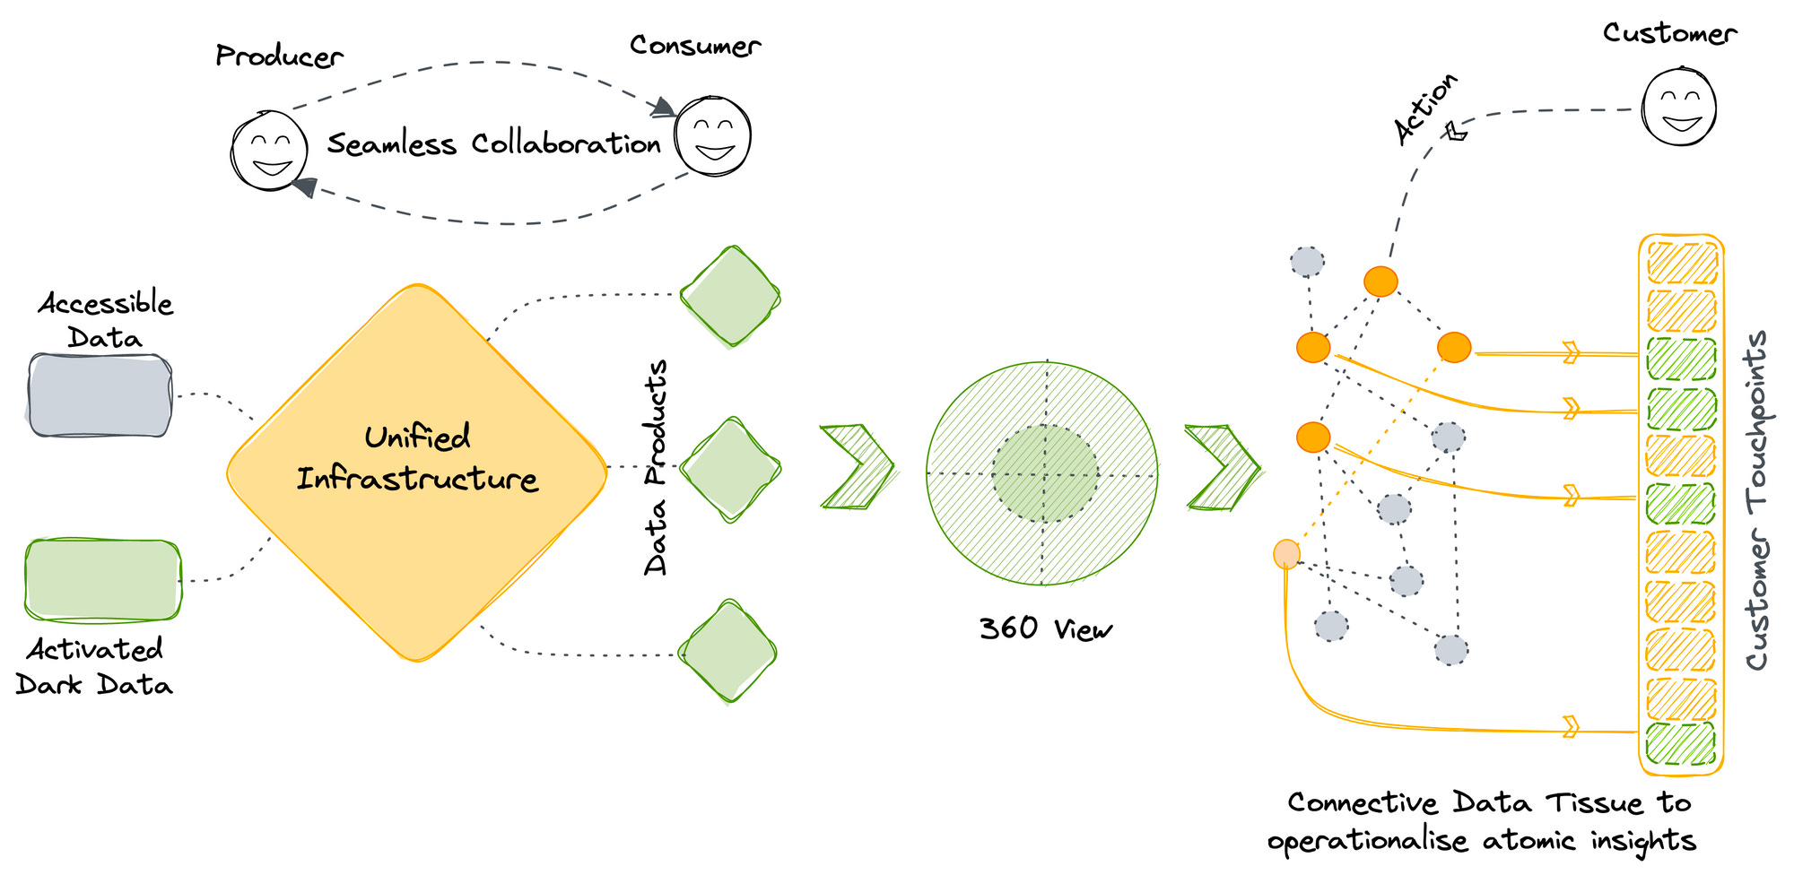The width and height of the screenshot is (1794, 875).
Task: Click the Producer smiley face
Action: click(269, 151)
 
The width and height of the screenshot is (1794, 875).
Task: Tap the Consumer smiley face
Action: click(713, 136)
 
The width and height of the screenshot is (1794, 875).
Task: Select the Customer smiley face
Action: click(1679, 107)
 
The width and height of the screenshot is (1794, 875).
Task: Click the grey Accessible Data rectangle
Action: click(100, 395)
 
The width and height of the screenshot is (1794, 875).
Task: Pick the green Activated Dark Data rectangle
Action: click(102, 580)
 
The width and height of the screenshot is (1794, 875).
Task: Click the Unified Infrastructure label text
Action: click(417, 458)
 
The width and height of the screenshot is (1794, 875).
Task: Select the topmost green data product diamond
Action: click(730, 297)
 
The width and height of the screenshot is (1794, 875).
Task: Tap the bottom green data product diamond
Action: click(727, 652)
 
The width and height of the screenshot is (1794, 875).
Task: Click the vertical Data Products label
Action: click(657, 467)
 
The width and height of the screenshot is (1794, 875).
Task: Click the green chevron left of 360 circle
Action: click(857, 467)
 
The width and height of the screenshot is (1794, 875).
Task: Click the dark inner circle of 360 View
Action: click(1045, 473)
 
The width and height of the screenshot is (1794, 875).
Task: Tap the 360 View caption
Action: click(1045, 628)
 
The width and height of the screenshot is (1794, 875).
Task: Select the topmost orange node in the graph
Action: click(1380, 282)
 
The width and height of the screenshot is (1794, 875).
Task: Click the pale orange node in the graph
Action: click(1286, 554)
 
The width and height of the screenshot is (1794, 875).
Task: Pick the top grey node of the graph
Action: click(1307, 262)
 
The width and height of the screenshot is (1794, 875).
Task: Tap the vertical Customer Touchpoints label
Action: click(1757, 500)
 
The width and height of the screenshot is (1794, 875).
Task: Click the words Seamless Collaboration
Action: click(493, 143)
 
